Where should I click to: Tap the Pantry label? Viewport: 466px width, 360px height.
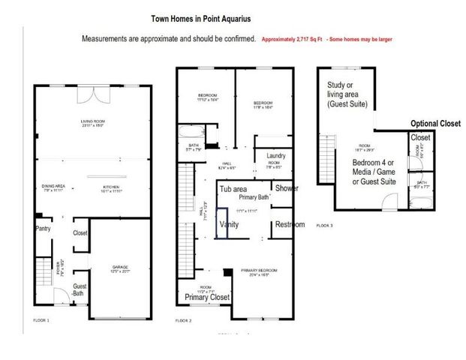[43, 229]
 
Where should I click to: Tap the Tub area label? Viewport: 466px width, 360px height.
[234, 188]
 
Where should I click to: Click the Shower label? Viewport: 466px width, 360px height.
[286, 188]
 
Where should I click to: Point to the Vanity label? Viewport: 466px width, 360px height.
[228, 224]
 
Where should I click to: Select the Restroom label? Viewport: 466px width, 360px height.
[290, 224]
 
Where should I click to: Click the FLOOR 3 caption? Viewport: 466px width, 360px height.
[323, 224]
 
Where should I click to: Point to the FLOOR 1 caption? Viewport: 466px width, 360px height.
[42, 320]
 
